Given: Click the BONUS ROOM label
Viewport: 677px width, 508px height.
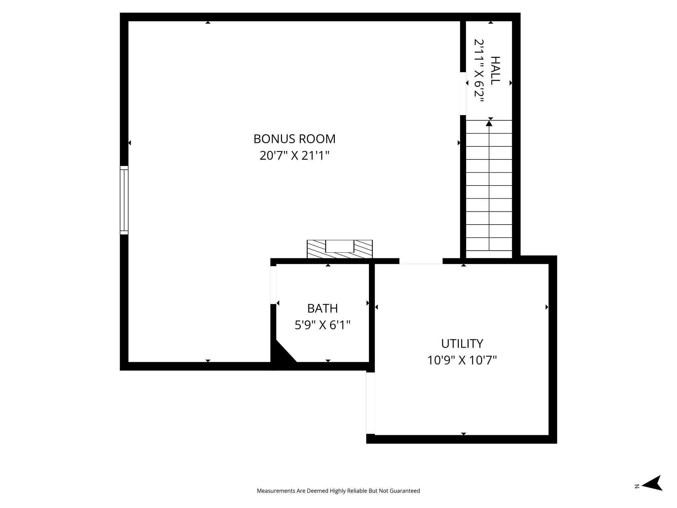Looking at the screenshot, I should point(294,139).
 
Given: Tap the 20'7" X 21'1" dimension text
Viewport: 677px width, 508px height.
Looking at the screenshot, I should point(294,155).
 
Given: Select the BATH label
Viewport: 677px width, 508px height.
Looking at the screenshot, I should point(322,308).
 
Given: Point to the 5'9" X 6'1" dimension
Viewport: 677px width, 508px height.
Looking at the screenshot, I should point(322,325).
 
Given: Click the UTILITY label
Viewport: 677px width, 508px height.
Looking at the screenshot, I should point(462,344).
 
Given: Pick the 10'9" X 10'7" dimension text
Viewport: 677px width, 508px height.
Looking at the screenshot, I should point(462,360).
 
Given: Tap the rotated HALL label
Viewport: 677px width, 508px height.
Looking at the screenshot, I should point(495,70).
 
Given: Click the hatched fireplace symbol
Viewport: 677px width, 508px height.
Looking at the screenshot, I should point(339,249).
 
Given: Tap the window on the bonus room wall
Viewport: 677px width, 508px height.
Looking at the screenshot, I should point(124,200).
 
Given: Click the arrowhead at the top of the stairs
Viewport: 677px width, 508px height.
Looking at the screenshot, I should point(489,123).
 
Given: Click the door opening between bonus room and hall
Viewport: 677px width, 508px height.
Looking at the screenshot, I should point(463,93).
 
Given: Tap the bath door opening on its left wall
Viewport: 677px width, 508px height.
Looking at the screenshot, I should point(273,285).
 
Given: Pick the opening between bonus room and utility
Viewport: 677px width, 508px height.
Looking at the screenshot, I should point(420,261).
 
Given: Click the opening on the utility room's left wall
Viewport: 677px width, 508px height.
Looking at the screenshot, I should point(370,403).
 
